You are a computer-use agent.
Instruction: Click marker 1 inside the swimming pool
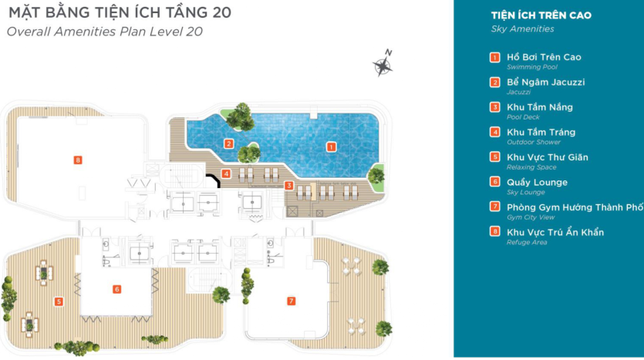[331, 147]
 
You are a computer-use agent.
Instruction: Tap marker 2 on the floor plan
[229, 143]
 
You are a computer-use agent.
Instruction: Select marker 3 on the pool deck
[289, 186]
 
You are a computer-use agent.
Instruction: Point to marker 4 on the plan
[226, 173]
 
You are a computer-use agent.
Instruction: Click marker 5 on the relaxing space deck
[59, 301]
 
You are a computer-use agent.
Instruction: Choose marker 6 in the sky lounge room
[116, 289]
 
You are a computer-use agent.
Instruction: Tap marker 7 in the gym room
[292, 301]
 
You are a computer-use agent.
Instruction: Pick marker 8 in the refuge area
[78, 160]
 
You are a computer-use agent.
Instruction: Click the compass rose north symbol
[383, 64]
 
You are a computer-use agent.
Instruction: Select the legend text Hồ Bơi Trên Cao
[544, 57]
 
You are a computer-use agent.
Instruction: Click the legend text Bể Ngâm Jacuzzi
[545, 82]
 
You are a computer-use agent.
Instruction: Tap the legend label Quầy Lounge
[537, 182]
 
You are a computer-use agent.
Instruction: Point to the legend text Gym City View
[531, 217]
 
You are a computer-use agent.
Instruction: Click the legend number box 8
[495, 231]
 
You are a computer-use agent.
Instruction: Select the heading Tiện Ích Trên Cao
[541, 15]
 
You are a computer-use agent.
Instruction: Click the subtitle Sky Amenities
[522, 29]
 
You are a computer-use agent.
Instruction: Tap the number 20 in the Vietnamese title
[222, 12]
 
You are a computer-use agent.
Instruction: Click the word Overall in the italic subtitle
[29, 32]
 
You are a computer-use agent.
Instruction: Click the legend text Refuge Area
[527, 242]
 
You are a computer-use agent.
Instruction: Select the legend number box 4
[495, 131]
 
